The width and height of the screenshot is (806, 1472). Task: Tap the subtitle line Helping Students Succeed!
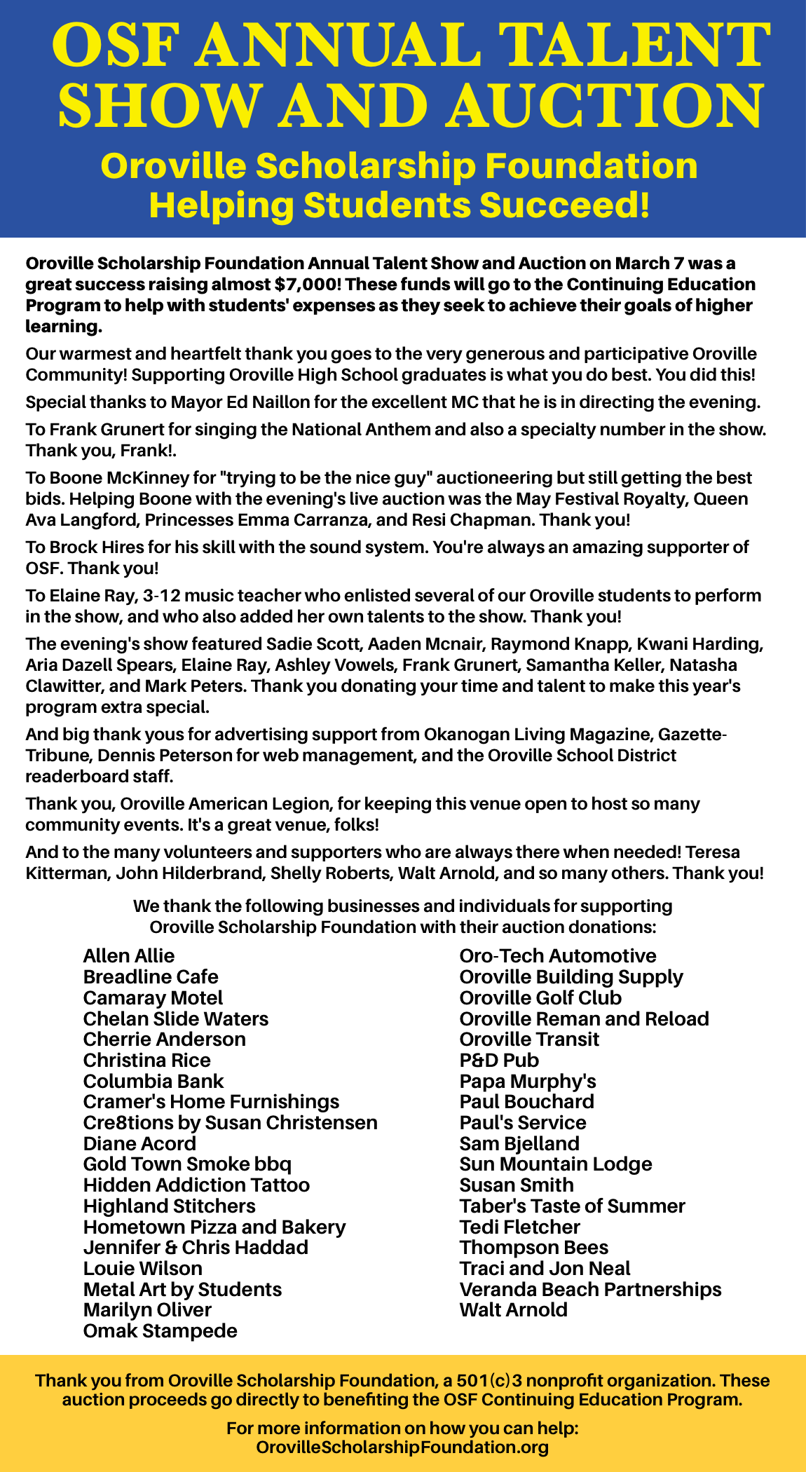point(399,205)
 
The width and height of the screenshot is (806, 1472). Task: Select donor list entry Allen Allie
point(129,956)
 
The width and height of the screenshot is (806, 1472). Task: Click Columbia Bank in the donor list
point(153,1081)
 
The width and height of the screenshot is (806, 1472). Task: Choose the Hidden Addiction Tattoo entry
point(196,1185)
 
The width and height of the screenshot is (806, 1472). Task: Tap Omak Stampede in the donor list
point(160,1330)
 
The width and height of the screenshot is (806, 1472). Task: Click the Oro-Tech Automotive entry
point(558,956)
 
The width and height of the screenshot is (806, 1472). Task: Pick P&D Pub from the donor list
point(499,1060)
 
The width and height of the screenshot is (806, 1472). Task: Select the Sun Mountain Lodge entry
point(556,1164)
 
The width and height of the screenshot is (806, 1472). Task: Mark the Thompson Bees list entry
point(534,1248)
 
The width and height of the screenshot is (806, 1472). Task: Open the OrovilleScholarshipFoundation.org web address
point(402,1447)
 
